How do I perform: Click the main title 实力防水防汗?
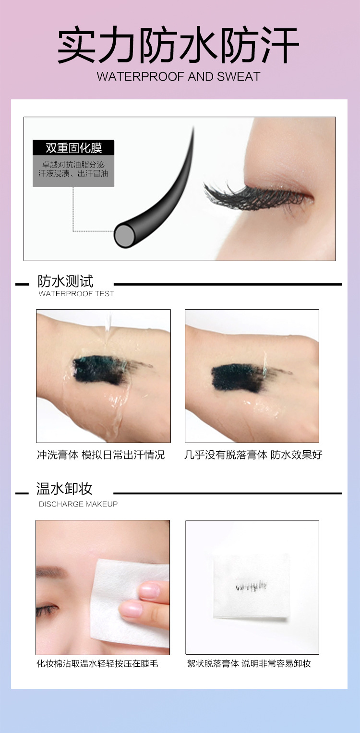pos(179,45)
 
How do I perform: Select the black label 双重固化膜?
pos(73,147)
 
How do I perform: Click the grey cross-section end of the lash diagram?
pos(124,235)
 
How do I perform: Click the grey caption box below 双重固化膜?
pos(73,171)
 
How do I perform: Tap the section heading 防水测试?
pos(65,281)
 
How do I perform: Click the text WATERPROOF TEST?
pos(76,293)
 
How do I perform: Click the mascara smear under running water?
pos(100,370)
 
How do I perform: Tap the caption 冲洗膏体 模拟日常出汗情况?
pos(101,455)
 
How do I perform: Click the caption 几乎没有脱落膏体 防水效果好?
pos(253,455)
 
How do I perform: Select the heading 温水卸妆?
pos(64,489)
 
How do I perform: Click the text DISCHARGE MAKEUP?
pos(78,504)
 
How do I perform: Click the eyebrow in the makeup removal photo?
pos(51,572)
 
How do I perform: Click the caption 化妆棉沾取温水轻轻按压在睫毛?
pos(97,663)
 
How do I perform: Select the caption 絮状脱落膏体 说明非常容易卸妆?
pos(249,663)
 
